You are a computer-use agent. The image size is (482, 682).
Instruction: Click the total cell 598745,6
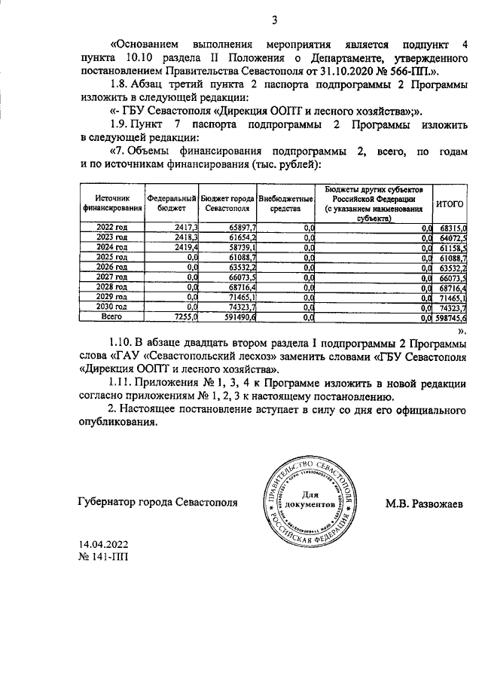pos(451,318)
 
